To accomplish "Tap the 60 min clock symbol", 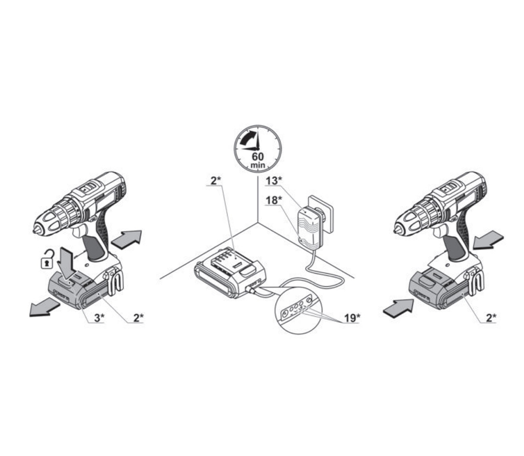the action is point(257,149).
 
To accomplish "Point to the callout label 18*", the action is point(274,200).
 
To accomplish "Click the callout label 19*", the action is point(352,318).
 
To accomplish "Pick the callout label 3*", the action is point(99,318).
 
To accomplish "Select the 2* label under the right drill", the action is point(491,318).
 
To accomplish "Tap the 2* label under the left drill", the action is point(138,318).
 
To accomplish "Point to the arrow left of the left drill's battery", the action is point(45,307).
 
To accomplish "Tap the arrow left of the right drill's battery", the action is point(398,307).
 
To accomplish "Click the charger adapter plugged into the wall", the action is point(310,229).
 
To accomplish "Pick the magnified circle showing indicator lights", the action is point(299,310).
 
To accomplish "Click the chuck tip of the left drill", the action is point(36,230).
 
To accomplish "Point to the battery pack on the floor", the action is point(230,273).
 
